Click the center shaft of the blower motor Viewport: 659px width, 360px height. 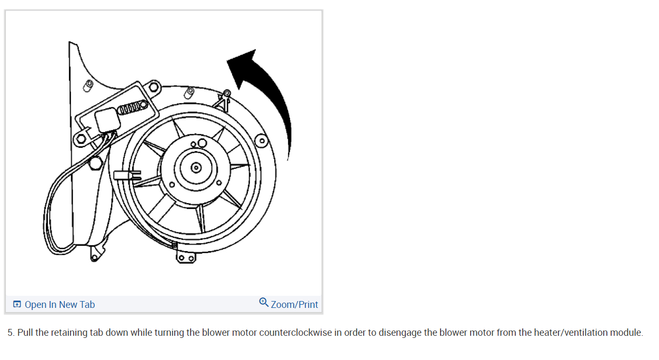point(196,168)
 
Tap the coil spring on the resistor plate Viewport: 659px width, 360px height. point(132,109)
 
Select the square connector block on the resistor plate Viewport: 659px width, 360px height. point(108,121)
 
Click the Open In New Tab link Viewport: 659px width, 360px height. point(59,305)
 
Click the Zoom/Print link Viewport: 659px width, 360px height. point(294,305)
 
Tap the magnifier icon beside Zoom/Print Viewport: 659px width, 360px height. point(264,303)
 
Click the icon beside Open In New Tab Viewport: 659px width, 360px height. point(17,305)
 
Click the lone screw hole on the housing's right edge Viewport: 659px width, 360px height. point(261,141)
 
